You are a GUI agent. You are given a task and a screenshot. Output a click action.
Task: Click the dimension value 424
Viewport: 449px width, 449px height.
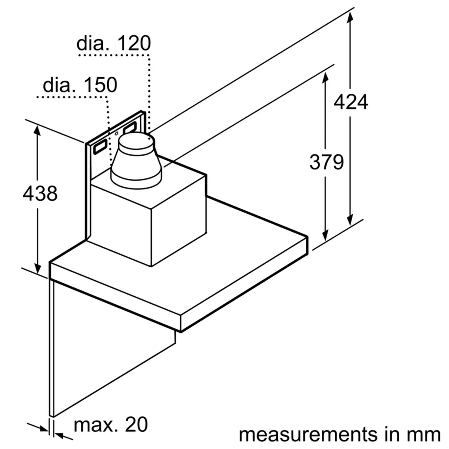(351, 102)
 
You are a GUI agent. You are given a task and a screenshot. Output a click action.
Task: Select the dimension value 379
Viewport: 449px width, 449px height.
(326, 162)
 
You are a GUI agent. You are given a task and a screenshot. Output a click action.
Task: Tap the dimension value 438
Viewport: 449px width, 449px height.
(40, 193)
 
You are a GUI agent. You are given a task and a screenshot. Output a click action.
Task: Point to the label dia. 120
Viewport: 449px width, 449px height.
(114, 43)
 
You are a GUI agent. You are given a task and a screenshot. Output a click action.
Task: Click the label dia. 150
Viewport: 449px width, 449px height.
(80, 85)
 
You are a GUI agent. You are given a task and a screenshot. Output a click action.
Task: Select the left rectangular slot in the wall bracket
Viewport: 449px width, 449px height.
(100, 148)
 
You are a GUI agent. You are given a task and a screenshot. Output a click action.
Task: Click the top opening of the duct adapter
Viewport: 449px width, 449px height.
(134, 141)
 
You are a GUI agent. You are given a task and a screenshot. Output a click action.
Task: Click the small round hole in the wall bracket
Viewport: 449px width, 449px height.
(117, 134)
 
